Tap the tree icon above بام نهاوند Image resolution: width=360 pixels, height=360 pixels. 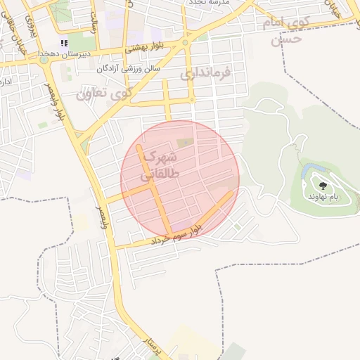323,186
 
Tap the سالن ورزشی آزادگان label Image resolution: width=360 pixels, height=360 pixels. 129,68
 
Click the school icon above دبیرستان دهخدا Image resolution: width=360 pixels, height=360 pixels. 64,43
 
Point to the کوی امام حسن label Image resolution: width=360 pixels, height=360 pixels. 287,31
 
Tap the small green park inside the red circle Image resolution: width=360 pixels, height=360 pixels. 184,143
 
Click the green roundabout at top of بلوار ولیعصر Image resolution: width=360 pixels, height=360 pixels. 44,60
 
